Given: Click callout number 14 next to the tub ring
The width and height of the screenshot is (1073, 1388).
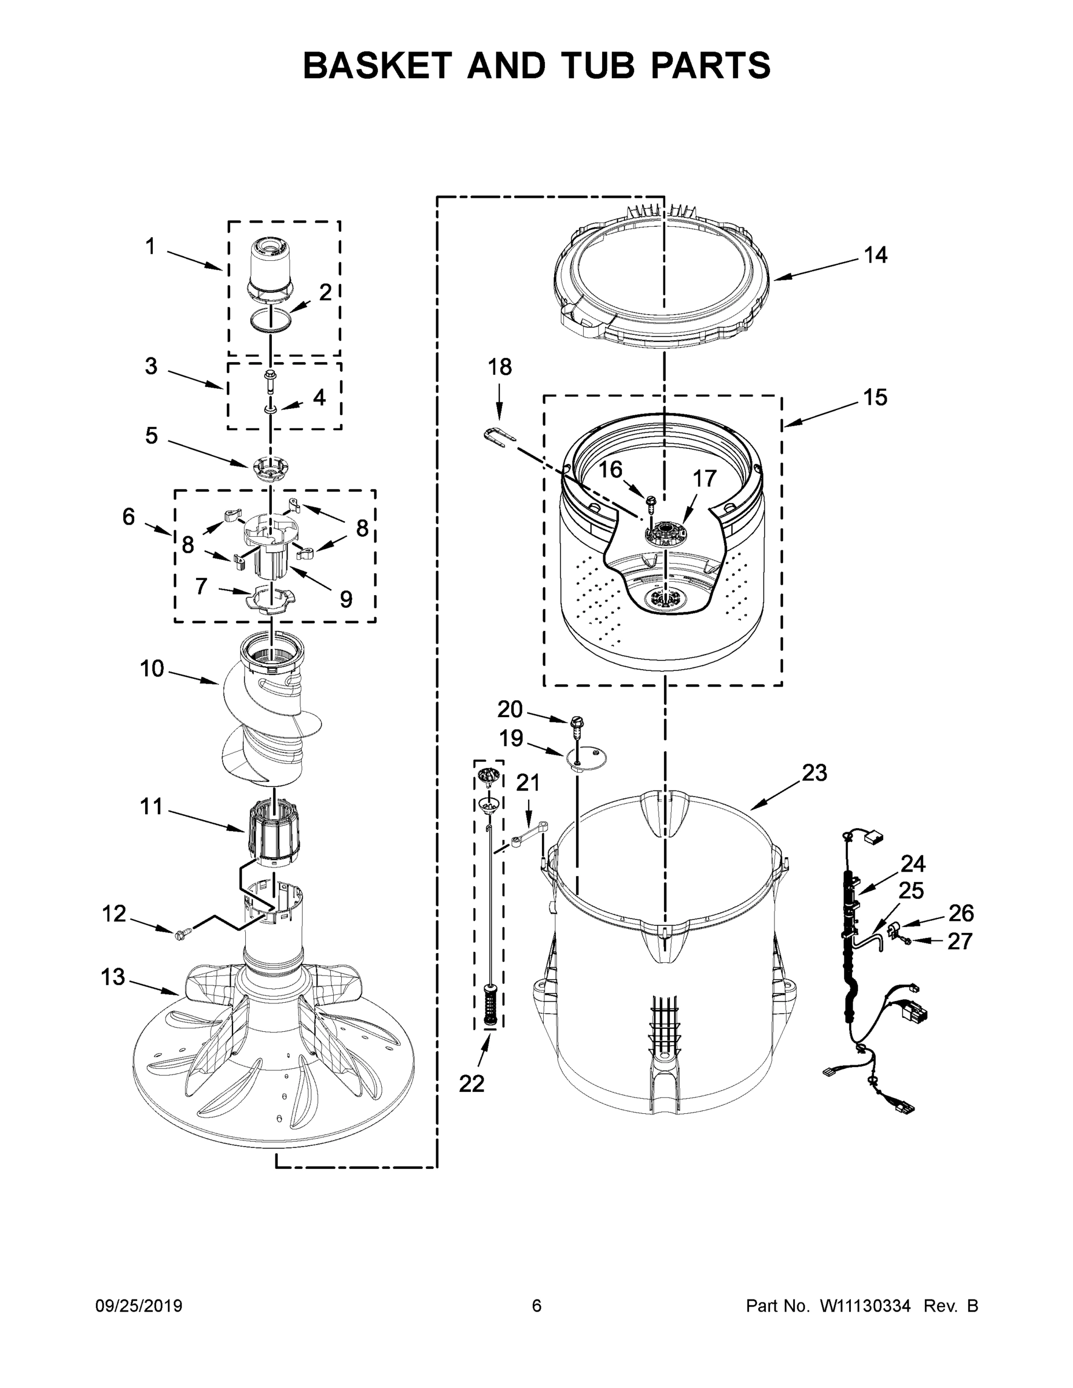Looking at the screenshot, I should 875,256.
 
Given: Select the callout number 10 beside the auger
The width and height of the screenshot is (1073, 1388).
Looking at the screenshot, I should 152,669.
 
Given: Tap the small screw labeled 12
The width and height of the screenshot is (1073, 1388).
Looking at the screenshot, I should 180,932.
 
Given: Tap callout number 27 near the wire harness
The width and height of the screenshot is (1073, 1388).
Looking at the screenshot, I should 959,941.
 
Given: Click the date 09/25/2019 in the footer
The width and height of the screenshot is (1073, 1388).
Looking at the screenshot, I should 139,1306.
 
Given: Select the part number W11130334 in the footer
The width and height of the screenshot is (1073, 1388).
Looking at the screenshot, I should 865,1306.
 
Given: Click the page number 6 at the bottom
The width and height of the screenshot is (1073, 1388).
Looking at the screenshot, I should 537,1306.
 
